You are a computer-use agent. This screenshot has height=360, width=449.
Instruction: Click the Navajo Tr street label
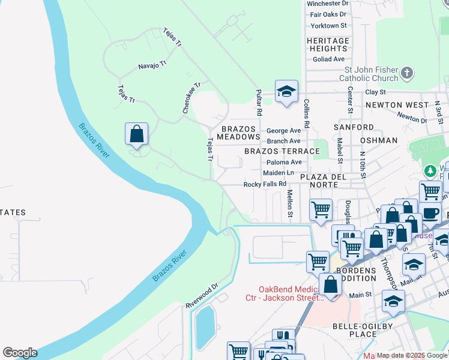click(x=151, y=65)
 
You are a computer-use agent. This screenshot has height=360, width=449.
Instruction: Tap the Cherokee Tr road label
click(x=191, y=98)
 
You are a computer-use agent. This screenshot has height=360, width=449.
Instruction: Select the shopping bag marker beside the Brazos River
click(x=136, y=133)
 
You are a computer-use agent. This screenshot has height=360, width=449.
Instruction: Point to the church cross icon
click(x=408, y=73)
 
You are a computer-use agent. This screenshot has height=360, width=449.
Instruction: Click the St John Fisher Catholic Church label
click(x=369, y=74)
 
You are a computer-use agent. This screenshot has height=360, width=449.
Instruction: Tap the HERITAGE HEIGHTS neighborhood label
click(x=328, y=45)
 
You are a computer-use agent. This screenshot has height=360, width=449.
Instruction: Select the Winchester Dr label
click(x=327, y=4)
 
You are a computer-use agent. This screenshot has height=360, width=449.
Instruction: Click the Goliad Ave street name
click(x=328, y=59)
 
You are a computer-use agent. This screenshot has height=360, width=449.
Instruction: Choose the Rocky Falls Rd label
click(x=264, y=184)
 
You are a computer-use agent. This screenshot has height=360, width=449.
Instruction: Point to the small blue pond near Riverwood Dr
click(x=205, y=327)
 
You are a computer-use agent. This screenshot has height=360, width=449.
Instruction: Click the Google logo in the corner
click(x=20, y=353)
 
